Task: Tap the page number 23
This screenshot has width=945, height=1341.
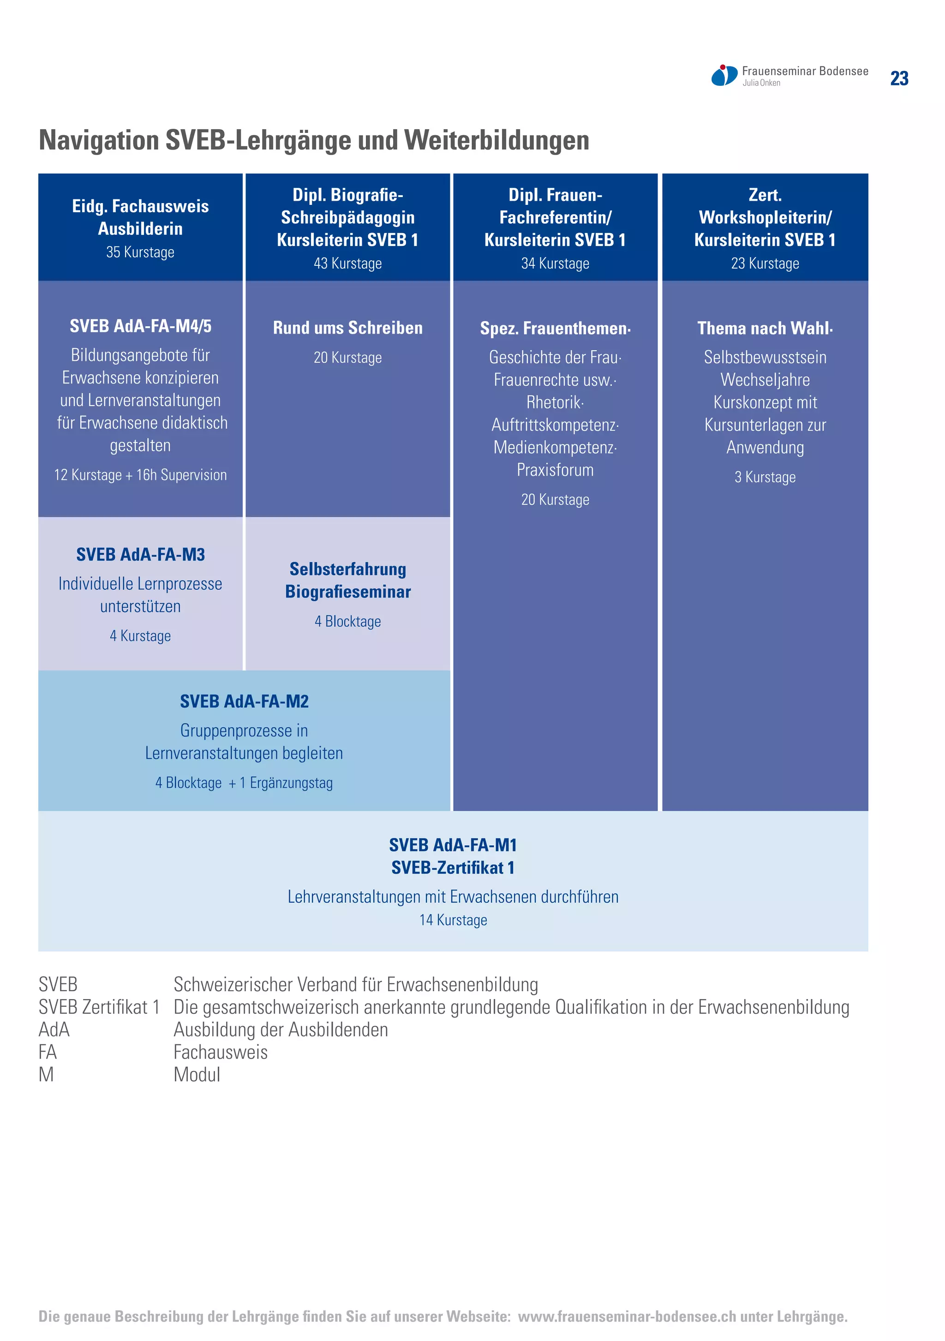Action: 899,78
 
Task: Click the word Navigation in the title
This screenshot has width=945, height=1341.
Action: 99,140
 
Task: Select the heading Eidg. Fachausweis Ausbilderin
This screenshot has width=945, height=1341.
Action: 140,217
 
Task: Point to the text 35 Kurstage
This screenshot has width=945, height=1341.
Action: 140,252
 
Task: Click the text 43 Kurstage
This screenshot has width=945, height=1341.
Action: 347,263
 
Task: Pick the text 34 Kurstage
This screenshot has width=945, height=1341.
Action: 555,263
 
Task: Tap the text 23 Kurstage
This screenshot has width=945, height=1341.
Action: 765,263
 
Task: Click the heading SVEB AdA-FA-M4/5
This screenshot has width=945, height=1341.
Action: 140,326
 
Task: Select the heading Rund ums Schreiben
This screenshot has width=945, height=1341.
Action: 347,328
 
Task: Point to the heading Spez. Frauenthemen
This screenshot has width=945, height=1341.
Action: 555,328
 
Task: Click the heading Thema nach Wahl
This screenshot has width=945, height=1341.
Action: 765,328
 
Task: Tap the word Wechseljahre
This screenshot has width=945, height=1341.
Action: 765,380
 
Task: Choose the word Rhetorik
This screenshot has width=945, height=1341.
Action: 554,402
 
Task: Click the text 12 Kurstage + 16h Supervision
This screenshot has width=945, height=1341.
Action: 140,475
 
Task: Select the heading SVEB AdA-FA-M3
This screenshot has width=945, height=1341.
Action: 140,554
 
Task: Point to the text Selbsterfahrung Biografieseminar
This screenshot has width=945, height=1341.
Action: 347,580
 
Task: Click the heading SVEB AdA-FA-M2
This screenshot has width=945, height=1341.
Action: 244,701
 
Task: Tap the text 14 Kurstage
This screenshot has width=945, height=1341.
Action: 453,920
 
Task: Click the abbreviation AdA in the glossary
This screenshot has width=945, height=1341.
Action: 54,1029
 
